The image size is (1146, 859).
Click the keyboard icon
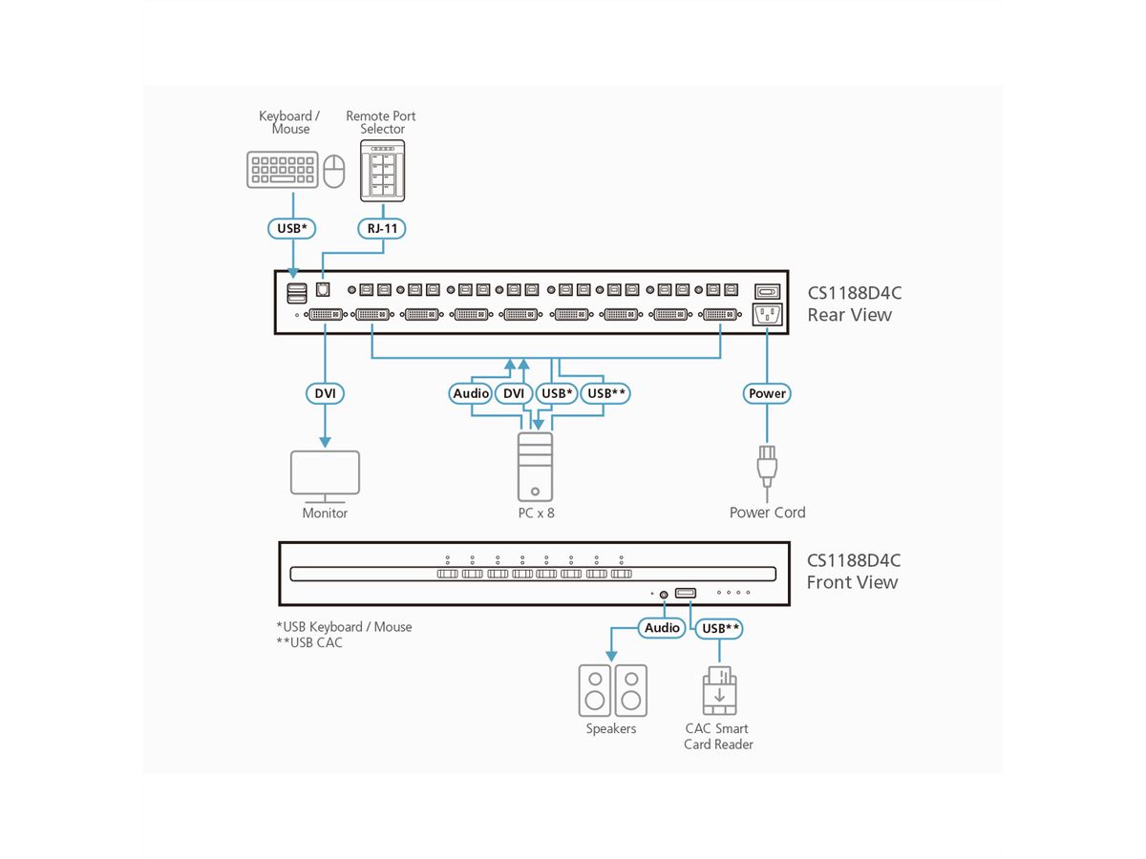coord(282,170)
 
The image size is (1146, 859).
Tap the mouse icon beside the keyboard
coord(333,172)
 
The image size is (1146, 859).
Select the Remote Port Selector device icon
coord(383,170)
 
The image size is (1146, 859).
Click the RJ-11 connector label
coord(383,229)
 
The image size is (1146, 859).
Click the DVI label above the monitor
coord(325,393)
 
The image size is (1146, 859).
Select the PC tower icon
coord(535,467)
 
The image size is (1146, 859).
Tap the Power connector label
coord(767,393)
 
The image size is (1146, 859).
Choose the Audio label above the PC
coord(471,393)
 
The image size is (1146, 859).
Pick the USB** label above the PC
coord(607,393)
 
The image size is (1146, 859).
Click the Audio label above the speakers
coord(662,627)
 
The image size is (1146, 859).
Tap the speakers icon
coord(612,690)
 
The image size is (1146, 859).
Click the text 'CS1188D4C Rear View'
coord(854,304)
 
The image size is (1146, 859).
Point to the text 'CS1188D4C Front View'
coord(854,572)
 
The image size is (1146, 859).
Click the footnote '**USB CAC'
coord(309,642)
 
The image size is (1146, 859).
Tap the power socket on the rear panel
coord(768,315)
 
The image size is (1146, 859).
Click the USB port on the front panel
coord(686,593)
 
